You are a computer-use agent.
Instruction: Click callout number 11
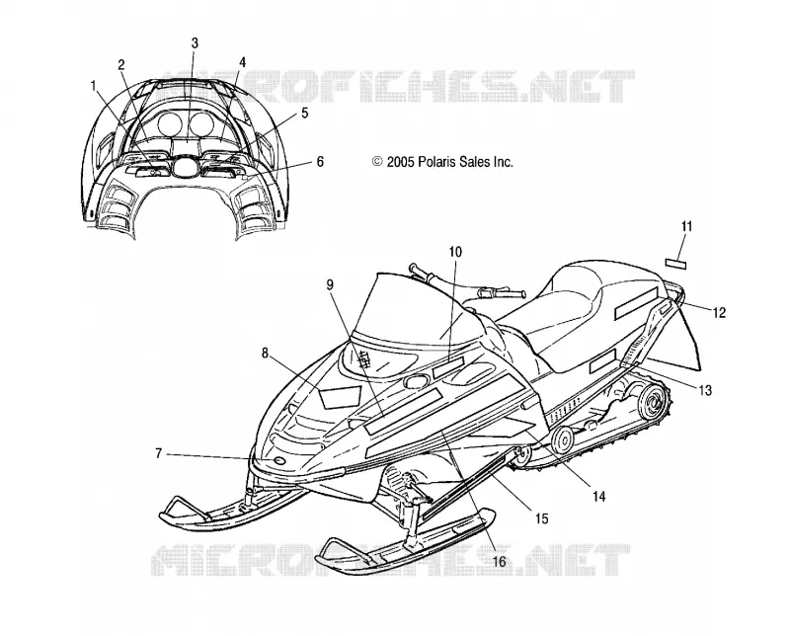[x=686, y=227]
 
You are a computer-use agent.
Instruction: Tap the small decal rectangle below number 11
[x=675, y=264]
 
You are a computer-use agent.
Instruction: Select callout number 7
[x=158, y=453]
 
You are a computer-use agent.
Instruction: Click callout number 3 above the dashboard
[x=195, y=43]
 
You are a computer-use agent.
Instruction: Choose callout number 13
[x=705, y=389]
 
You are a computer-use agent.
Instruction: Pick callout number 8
[x=265, y=354]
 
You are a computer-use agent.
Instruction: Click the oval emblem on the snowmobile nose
[x=278, y=461]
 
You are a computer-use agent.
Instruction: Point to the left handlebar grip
[x=422, y=271]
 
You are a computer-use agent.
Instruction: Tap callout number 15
[x=541, y=518]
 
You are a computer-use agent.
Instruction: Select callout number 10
[x=455, y=252]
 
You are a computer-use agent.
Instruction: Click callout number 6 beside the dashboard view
[x=320, y=162]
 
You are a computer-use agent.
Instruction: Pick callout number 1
[x=93, y=86]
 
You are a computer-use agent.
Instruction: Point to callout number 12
[x=720, y=312]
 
